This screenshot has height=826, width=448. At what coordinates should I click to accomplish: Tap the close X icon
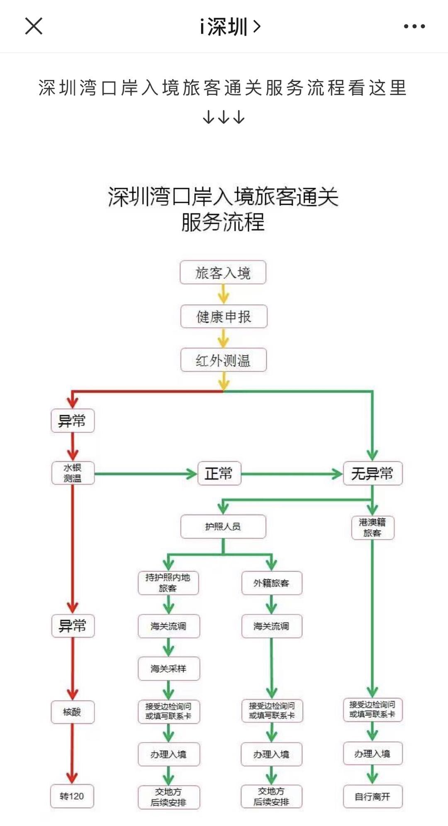pyautogui.click(x=34, y=26)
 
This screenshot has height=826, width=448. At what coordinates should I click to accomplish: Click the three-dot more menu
pyautogui.click(x=414, y=26)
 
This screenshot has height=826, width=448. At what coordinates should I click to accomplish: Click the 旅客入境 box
pyautogui.click(x=223, y=272)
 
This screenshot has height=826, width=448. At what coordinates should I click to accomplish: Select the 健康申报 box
pyautogui.click(x=224, y=317)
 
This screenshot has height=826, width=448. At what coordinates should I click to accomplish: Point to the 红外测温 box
pyautogui.click(x=224, y=360)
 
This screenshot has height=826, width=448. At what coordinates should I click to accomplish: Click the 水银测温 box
pyautogui.click(x=73, y=473)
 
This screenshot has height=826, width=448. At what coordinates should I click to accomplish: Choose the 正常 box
pyautogui.click(x=219, y=473)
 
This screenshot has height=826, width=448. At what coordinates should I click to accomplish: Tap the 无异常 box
pyautogui.click(x=373, y=473)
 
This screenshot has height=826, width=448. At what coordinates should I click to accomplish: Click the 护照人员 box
pyautogui.click(x=223, y=526)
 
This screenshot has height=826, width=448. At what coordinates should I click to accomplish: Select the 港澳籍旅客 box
pyautogui.click(x=373, y=527)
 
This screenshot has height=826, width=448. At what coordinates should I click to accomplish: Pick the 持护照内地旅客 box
pyautogui.click(x=168, y=583)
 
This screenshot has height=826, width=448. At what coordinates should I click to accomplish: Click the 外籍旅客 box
pyautogui.click(x=271, y=583)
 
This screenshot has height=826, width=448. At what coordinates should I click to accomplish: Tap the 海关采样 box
pyautogui.click(x=168, y=669)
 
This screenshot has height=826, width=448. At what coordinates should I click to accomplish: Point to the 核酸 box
pyautogui.click(x=72, y=712)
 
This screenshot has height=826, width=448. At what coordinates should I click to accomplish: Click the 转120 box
pyautogui.click(x=72, y=796)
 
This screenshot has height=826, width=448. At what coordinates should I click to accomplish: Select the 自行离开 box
pyautogui.click(x=373, y=796)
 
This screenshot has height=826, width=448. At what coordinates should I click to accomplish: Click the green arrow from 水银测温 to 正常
pyautogui.click(x=145, y=474)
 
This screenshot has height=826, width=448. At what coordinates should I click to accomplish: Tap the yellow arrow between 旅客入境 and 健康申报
pyautogui.click(x=223, y=294)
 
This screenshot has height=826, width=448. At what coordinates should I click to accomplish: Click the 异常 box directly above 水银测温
pyautogui.click(x=73, y=421)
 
